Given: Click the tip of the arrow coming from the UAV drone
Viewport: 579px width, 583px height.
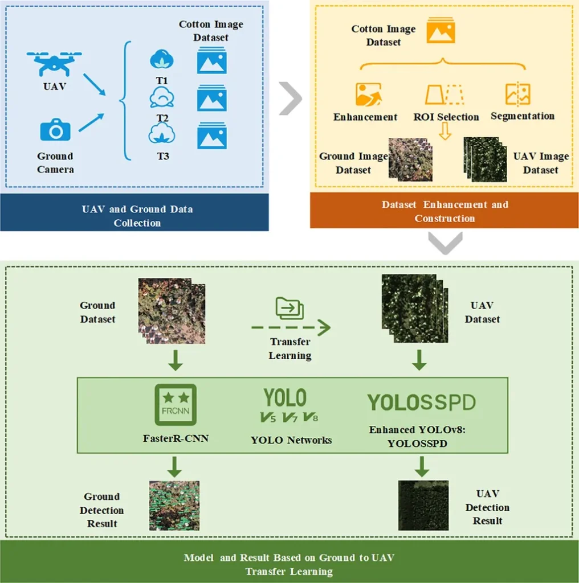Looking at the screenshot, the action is [105, 95].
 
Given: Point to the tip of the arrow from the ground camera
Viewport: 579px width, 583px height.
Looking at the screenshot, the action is [104, 114].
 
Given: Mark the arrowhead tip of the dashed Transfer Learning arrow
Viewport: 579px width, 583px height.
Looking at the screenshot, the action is [330, 327].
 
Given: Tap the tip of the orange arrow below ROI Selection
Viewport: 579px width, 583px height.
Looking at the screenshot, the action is [445, 139].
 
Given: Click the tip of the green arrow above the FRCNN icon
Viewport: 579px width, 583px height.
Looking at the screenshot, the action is [176, 370].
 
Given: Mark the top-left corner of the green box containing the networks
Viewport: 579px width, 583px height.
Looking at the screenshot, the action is [77, 378].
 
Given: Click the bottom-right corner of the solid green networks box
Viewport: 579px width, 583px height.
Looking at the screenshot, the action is [508, 453].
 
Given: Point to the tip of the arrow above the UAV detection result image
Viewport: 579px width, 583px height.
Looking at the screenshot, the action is [422, 477].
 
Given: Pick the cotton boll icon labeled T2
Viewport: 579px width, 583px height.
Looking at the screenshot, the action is [162, 97].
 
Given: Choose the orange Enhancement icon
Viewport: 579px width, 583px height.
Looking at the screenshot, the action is [368, 95].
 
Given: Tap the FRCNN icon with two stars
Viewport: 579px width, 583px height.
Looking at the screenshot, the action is [176, 405].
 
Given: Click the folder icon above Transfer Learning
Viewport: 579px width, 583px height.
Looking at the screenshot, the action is [289, 308].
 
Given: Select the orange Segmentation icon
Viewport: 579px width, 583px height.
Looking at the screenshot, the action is [517, 93].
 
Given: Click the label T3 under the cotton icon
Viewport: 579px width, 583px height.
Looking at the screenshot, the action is [162, 156].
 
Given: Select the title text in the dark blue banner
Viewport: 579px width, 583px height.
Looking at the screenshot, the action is [137, 216].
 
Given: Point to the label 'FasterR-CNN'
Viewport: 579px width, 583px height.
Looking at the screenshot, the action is [176, 438].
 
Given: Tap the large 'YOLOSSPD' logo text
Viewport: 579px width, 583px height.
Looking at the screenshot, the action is [421, 403].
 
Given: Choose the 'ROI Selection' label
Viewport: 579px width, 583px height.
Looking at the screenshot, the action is [446, 117].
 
